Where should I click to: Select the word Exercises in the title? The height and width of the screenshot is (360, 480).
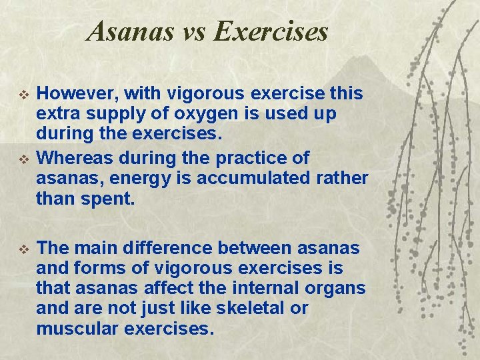271,31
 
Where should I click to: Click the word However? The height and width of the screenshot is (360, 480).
73,95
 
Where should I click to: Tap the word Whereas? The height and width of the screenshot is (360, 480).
73,159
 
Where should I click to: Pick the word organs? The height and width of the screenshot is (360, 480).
338,288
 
